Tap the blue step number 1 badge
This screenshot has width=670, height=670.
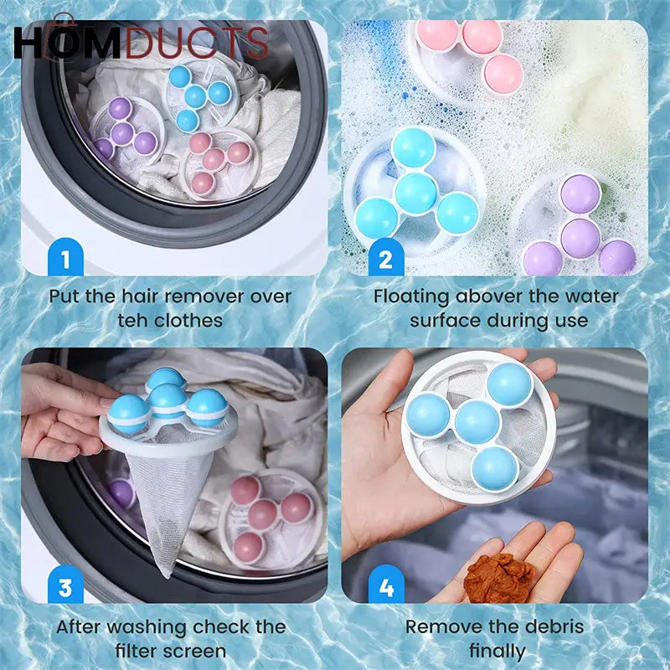point(65,259)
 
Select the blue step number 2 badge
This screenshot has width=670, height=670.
point(385,259)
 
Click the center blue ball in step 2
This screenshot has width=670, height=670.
point(415,192)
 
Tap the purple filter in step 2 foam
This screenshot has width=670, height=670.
point(578,226)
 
